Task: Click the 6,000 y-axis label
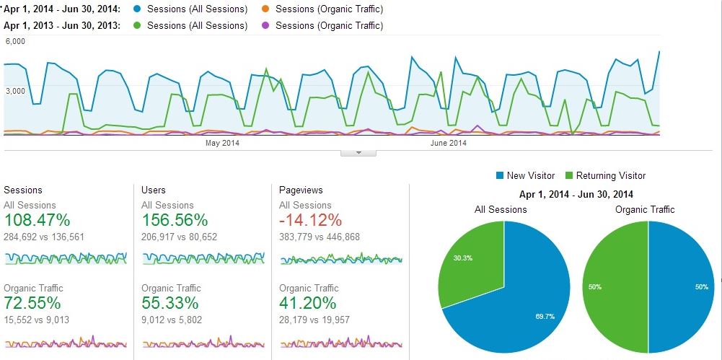point(14,41)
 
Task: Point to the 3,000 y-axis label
point(14,91)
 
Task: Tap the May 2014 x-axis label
point(222,143)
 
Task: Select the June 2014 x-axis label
point(449,143)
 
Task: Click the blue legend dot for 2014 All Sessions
point(137,9)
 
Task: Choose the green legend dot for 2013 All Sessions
point(137,25)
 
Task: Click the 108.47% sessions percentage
point(37,220)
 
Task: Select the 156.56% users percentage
point(175,220)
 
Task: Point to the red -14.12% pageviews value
point(311,220)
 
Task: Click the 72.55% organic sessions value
point(32,303)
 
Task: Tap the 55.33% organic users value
point(170,303)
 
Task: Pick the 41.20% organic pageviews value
point(307,303)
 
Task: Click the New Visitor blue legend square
point(500,175)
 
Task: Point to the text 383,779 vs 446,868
point(319,237)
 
